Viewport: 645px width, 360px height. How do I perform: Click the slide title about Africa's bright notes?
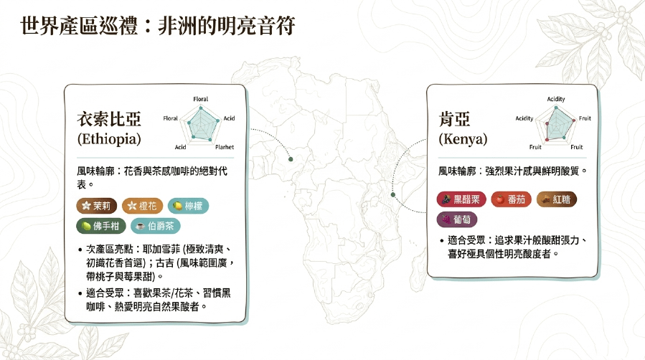[x=158, y=26]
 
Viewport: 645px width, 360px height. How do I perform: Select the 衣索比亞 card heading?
[x=109, y=119]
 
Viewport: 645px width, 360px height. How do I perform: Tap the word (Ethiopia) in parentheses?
[x=109, y=139]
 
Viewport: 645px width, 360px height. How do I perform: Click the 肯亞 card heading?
[x=455, y=119]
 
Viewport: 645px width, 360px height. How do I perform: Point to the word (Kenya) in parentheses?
[x=463, y=139]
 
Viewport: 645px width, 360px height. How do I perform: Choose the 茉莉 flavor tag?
[x=97, y=206]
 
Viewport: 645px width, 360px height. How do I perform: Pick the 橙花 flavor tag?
[x=142, y=206]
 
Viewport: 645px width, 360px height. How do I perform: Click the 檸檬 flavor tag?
[x=189, y=206]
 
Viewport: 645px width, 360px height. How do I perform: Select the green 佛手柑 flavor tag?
[x=101, y=226]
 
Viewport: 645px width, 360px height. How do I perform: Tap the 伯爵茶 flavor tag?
[x=156, y=226]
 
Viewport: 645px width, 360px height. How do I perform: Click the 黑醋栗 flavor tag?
[x=461, y=199]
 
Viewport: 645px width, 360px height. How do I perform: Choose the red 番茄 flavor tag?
[x=512, y=199]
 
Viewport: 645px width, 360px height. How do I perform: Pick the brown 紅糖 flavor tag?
[x=557, y=199]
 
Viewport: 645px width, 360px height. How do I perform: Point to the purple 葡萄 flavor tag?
[x=457, y=219]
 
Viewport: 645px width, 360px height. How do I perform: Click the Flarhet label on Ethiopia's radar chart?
[x=225, y=147]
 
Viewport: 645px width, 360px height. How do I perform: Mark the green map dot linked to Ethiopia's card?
[x=291, y=159]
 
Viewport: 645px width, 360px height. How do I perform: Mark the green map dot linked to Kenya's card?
[x=393, y=194]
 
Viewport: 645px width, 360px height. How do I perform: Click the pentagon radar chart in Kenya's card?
[x=556, y=123]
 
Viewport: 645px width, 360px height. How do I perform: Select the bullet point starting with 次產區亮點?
[x=156, y=262]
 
